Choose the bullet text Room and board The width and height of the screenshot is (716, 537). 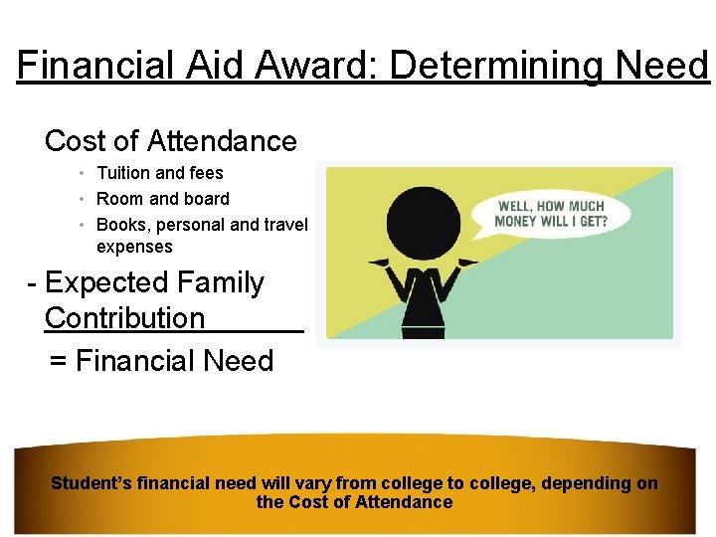162,199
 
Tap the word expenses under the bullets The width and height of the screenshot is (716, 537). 134,247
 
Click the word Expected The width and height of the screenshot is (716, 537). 106,282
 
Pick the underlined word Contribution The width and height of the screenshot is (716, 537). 124,318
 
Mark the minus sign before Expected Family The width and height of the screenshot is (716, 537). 33,283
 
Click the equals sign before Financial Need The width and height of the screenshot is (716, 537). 59,361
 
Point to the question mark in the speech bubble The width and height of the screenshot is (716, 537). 603,221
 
